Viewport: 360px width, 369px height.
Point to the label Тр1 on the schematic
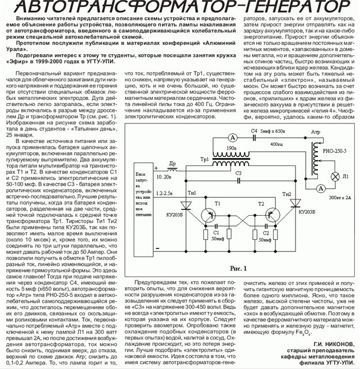(205, 159)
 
